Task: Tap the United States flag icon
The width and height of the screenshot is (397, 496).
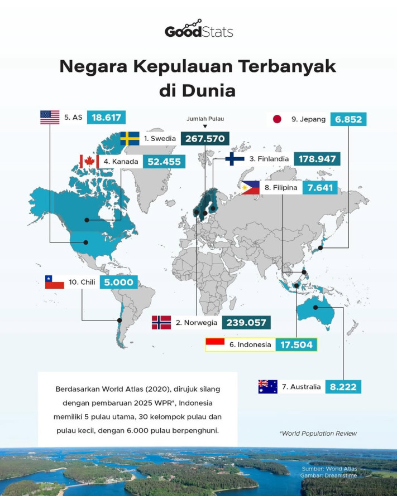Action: click(x=50, y=117)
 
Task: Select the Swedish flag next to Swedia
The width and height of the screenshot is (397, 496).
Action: click(x=130, y=138)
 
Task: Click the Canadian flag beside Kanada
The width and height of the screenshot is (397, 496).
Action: click(x=88, y=161)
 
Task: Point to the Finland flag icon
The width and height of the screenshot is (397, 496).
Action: click(x=235, y=159)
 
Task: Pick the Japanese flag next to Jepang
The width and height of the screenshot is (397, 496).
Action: click(x=276, y=119)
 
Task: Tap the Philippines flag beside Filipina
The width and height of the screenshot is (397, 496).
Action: click(x=250, y=188)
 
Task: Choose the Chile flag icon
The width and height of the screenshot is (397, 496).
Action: click(x=54, y=282)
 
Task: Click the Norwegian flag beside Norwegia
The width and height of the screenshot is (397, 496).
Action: click(x=161, y=322)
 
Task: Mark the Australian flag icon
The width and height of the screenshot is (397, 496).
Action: click(x=267, y=386)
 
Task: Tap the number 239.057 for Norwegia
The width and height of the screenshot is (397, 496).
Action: click(x=246, y=322)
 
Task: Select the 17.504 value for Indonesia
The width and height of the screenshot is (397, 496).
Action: click(x=296, y=344)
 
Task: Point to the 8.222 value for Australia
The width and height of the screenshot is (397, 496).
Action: click(x=345, y=386)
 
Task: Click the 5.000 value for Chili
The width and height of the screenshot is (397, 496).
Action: click(x=119, y=282)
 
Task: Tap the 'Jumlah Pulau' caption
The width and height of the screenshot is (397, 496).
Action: click(x=204, y=119)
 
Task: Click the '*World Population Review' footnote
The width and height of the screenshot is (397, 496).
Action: click(x=317, y=433)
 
